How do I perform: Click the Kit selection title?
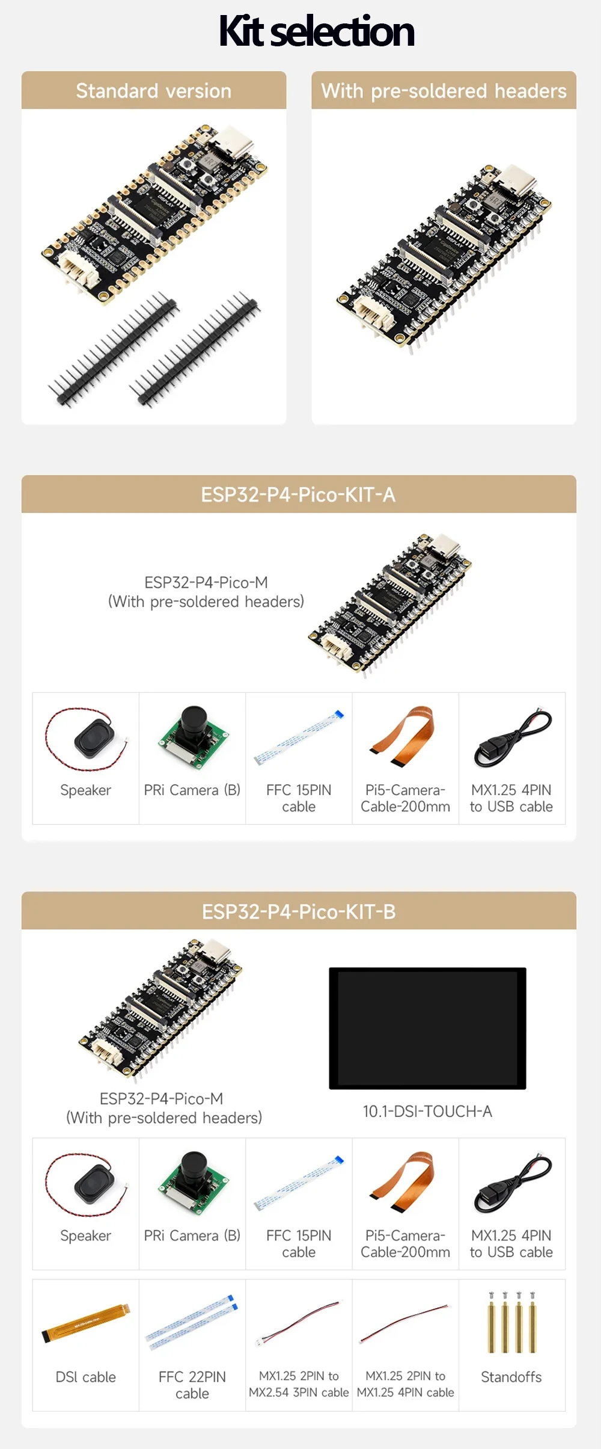coord(317,31)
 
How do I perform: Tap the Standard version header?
coord(154,91)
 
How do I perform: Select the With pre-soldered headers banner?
coord(444,91)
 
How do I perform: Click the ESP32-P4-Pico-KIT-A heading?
coord(299,494)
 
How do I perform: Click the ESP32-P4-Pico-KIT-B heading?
coord(299,911)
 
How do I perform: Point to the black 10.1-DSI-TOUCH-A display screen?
coord(427,1028)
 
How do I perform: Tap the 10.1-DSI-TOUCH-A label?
coord(427,1111)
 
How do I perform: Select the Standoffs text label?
coord(511,1377)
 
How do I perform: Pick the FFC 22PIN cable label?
coord(192,1385)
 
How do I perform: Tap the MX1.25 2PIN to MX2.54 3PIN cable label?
coord(299,1384)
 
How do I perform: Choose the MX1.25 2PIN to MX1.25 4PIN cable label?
coord(406,1384)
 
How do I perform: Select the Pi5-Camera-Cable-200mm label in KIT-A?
coord(405,798)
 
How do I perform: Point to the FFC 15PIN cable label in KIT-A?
coord(299,798)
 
